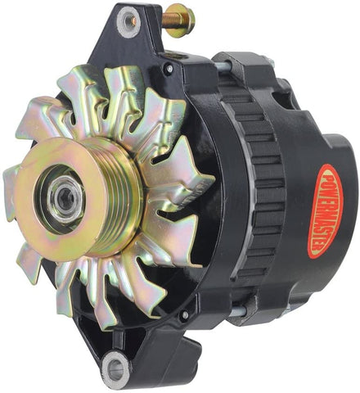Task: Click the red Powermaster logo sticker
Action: point(326,211)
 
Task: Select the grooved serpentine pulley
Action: point(79,197)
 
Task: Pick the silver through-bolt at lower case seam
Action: point(237,310)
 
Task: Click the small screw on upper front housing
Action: point(169,67)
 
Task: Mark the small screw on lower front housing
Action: point(185,314)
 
